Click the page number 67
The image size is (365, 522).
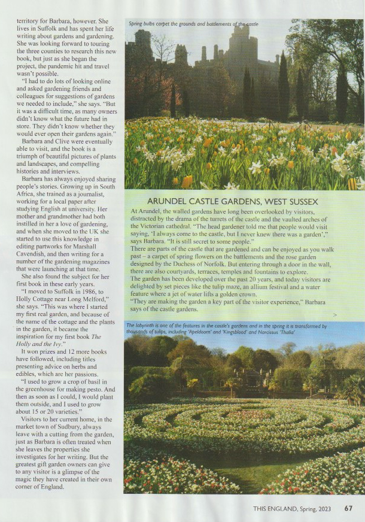point(348,509)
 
